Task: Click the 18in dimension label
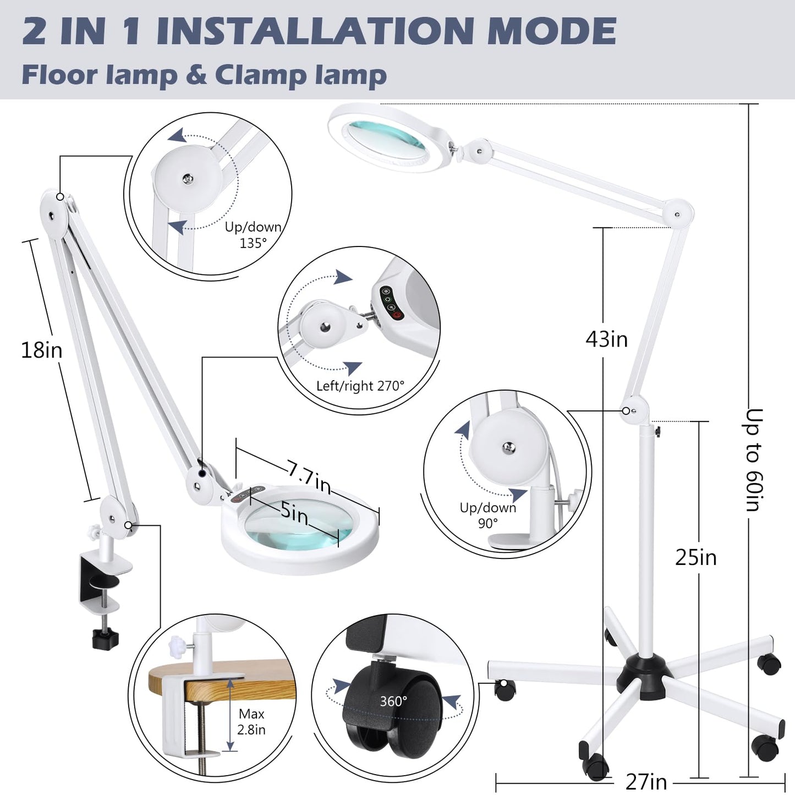[42, 350]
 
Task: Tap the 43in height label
[606, 339]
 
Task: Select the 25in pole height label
[696, 557]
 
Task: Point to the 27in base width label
[646, 781]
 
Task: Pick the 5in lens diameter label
[294, 514]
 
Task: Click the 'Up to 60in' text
[755, 460]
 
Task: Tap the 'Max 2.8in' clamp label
[251, 722]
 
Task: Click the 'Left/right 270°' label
[360, 386]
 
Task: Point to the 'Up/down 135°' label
[253, 235]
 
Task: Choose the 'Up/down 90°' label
[488, 516]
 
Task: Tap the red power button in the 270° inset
[397, 315]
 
